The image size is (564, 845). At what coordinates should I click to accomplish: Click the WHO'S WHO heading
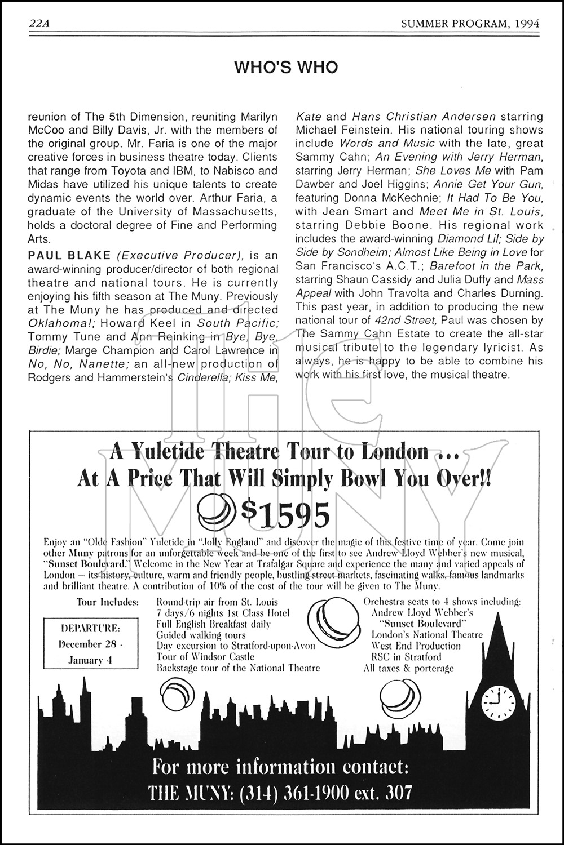286,68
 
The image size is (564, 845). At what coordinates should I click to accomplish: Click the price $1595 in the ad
284,513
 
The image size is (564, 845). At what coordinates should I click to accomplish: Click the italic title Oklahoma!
54,323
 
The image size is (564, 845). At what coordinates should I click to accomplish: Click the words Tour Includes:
107,602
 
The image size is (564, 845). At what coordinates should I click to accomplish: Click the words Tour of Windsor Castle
205,656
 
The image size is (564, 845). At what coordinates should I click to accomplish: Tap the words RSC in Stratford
406,656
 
